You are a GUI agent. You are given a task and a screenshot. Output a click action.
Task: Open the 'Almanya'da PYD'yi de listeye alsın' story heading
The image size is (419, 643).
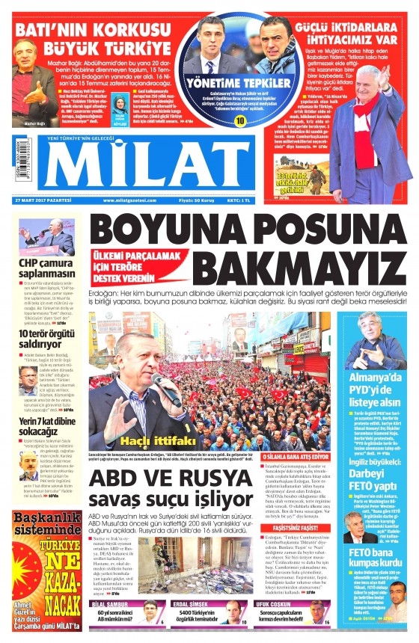click(x=377, y=390)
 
